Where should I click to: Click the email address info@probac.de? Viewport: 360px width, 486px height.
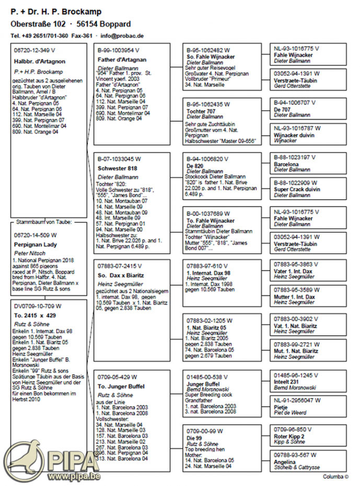coord(122,36)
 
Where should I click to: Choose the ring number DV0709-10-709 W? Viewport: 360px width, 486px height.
coord(37,306)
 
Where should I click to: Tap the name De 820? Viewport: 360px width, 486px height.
coord(195,166)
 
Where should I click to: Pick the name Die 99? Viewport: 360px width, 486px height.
coord(194,437)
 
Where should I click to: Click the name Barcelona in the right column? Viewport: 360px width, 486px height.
coord(286,163)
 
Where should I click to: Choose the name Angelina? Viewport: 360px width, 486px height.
coord(285,462)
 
